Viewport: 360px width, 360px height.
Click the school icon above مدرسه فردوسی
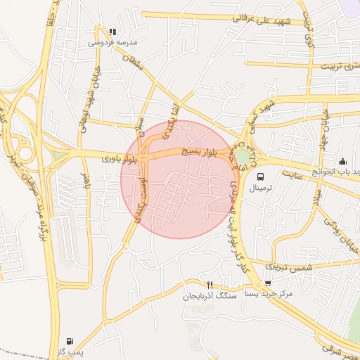112,31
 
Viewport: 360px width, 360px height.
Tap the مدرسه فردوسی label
112,42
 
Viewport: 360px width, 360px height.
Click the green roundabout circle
243,156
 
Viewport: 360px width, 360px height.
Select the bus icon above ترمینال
261,176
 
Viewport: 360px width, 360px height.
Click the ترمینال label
261,188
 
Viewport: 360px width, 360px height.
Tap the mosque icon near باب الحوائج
342,161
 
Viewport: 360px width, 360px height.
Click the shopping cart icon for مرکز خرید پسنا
267,284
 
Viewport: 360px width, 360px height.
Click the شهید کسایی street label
257,112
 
